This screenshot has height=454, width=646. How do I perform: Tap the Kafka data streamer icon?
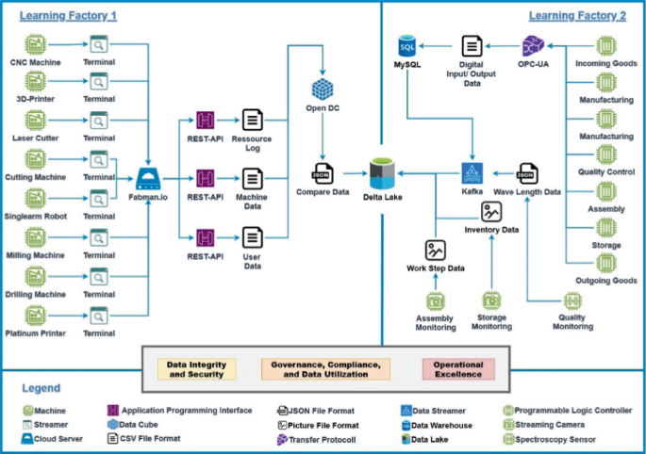point(472,173)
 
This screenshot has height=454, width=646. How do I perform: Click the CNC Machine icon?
point(36,44)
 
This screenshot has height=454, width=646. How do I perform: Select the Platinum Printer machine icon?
point(36,315)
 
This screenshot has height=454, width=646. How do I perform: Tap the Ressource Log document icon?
point(252,120)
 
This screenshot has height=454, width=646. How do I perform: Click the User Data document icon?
point(252,237)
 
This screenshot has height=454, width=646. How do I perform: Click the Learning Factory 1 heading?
point(69,16)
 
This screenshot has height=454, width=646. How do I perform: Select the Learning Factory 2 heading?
point(577,15)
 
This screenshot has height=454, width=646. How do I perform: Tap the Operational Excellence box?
point(459,369)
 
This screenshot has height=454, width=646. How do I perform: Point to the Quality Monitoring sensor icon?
point(572,301)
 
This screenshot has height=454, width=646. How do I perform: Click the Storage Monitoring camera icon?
point(490,300)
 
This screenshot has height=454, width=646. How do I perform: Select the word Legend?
point(41,388)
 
